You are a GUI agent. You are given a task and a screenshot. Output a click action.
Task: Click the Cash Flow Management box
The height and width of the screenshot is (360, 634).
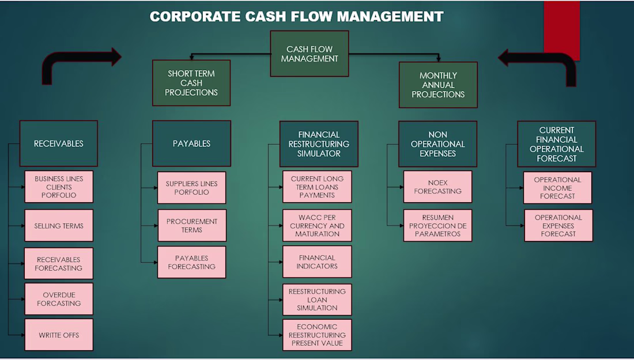pos(310,54)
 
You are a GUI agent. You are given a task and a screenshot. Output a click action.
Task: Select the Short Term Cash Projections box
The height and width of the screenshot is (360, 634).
pos(191,83)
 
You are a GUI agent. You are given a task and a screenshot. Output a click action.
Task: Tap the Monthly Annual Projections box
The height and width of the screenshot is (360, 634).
pos(438,85)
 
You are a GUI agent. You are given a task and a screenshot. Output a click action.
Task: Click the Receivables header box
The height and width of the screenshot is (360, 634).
pos(58,143)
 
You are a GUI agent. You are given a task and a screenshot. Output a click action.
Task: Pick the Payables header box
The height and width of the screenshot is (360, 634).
pos(191,143)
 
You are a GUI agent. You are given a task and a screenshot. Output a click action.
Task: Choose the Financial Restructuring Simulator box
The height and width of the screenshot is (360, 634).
pos(319,144)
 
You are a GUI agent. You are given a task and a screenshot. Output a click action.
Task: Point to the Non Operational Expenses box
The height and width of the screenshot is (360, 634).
pos(438,144)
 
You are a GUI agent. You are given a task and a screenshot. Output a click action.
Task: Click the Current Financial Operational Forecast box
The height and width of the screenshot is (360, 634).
pos(557,144)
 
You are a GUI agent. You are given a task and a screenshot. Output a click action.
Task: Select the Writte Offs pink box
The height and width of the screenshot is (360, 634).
pos(59,335)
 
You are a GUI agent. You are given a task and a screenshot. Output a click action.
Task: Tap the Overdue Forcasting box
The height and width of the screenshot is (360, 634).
pos(59,299)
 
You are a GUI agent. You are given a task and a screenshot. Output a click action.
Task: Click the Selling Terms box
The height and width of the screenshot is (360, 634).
pos(59,226)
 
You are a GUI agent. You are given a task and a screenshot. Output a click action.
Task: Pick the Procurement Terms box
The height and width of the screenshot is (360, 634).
pos(192,225)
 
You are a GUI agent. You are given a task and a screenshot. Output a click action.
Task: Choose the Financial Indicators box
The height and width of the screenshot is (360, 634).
pos(317,262)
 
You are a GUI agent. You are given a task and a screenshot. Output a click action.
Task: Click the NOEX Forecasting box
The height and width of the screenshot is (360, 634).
pos(437,187)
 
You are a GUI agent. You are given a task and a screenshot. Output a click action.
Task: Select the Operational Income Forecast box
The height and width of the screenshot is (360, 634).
pos(557,188)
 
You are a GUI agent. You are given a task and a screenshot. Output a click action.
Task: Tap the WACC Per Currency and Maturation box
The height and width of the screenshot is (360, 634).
pos(317,226)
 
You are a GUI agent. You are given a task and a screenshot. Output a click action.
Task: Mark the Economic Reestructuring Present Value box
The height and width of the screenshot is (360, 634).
pos(317,335)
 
